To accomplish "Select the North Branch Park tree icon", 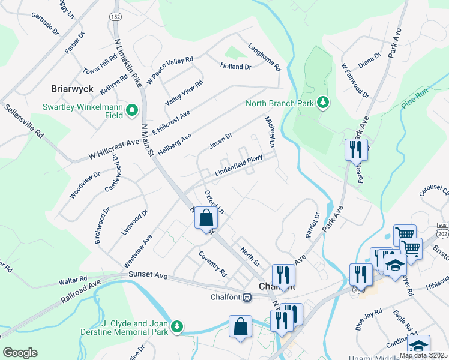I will [323, 103].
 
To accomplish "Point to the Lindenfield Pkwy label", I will [240, 167].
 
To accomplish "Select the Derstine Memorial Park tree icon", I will [177, 326].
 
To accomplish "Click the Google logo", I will [20, 353].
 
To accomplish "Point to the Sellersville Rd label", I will [24, 121].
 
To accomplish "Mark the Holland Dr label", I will [235, 67].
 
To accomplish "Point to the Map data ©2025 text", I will [423, 355].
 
